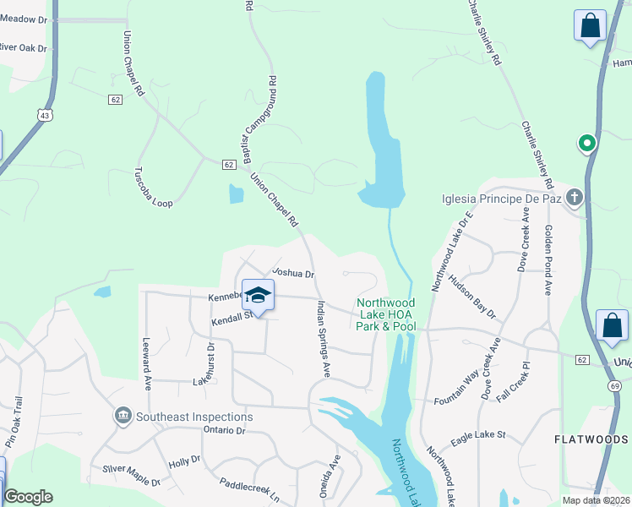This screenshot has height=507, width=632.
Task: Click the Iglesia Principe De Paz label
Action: [502, 199]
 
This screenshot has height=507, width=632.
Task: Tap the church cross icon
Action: [574, 199]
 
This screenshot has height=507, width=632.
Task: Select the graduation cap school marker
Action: [258, 295]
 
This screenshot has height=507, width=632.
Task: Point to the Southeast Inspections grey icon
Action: [123, 416]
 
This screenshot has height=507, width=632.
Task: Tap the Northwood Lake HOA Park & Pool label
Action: [385, 314]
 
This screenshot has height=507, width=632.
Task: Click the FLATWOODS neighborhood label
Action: [591, 439]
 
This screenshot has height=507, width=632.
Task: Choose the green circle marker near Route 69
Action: [585, 144]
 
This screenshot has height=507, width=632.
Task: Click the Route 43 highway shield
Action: [44, 114]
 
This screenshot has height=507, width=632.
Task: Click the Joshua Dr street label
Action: [292, 274]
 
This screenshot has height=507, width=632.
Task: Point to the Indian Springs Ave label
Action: [324, 339]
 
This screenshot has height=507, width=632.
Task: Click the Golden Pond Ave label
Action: [548, 259]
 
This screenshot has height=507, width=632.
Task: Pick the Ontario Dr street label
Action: [223, 430]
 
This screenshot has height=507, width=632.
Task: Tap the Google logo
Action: [28, 497]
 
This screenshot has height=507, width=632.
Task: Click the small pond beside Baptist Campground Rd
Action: [236, 194]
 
